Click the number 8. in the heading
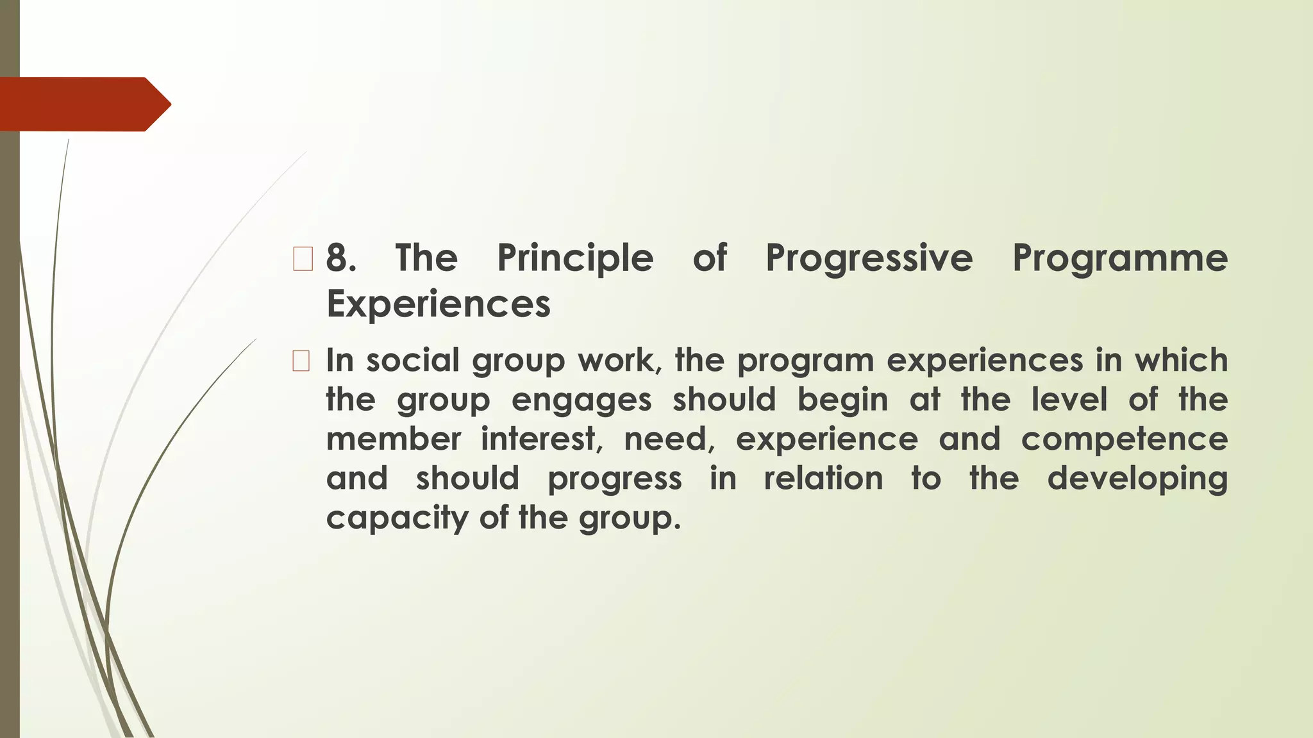coord(340,258)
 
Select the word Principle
coord(575,258)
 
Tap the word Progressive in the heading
coord(869,258)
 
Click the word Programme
coord(1119,258)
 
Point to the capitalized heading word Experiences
coord(439,304)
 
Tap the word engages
coord(581,400)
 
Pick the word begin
coord(842,400)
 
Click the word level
coord(1069,399)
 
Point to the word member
coord(393,439)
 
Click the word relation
coord(823,479)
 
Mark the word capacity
coord(397,518)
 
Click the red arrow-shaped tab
coord(83,104)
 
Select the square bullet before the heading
coord(302,259)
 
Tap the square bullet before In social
coord(301,361)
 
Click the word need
coord(669,439)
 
